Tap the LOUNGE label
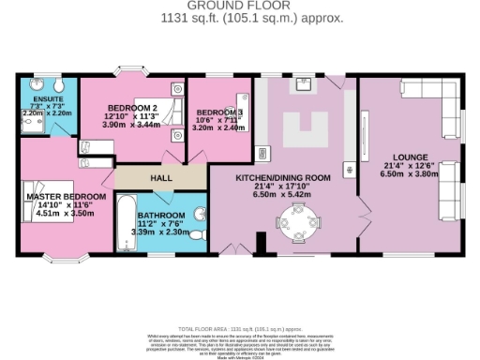pos(411,157)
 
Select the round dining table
pos(293,222)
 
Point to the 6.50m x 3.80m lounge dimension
pos(411,173)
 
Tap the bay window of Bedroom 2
pos(130,72)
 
